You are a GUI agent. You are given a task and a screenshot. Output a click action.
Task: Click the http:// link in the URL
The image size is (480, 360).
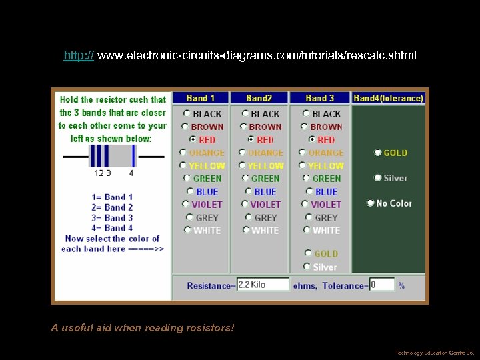(79, 55)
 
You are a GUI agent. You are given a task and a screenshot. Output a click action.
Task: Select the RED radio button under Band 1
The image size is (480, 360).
(193, 140)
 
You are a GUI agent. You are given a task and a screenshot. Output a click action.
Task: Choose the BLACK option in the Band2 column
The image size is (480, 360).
(245, 114)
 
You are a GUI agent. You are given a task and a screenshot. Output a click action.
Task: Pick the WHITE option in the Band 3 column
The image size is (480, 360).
(307, 230)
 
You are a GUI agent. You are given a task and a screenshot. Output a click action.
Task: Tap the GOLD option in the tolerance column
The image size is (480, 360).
(377, 153)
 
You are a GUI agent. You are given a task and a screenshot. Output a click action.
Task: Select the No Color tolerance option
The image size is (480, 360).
(371, 203)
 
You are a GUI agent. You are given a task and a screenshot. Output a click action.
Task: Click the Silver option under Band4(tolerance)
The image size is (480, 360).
(377, 178)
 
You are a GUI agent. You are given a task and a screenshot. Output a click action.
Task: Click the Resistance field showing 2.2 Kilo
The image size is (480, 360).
(263, 285)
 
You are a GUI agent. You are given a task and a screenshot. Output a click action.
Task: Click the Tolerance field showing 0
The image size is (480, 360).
(382, 285)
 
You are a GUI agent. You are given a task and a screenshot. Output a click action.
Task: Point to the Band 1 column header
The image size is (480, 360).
(201, 98)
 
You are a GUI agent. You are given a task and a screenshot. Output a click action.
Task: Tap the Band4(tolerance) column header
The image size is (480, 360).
(388, 98)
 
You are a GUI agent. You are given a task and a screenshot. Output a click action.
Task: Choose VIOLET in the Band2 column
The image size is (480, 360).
(245, 204)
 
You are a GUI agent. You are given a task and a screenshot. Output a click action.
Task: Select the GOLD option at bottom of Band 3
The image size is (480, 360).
(308, 253)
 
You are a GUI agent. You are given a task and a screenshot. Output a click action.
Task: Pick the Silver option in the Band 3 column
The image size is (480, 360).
(307, 267)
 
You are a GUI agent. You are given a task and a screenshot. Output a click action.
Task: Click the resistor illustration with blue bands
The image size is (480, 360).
(112, 156)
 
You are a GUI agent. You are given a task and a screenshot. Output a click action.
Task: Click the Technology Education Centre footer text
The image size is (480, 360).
(433, 353)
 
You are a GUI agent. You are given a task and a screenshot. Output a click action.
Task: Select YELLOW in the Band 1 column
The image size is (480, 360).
(183, 165)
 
